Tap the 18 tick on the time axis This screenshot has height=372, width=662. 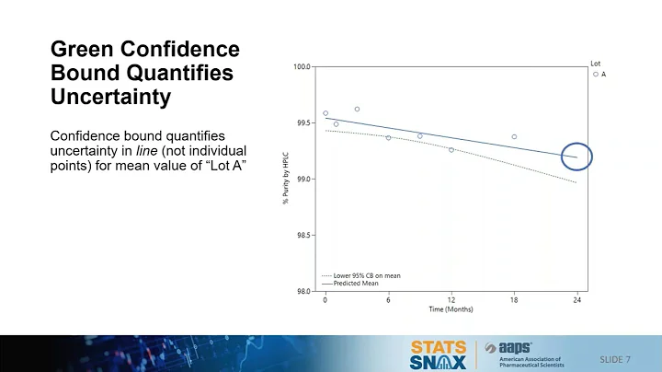point(514,300)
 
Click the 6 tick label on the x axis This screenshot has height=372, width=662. point(388,300)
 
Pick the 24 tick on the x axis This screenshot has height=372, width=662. point(576,300)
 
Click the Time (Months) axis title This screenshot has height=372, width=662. point(450,309)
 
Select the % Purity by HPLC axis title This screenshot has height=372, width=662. point(286,179)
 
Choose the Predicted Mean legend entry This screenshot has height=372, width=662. point(357,284)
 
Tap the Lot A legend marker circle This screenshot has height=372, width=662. point(596,74)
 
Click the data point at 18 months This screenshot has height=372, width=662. point(514,136)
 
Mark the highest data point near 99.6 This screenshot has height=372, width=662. point(357,109)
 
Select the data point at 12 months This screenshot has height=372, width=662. point(451,149)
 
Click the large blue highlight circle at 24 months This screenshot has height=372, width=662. point(576,157)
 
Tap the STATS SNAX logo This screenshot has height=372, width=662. point(438,354)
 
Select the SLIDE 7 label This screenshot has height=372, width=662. point(621,357)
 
